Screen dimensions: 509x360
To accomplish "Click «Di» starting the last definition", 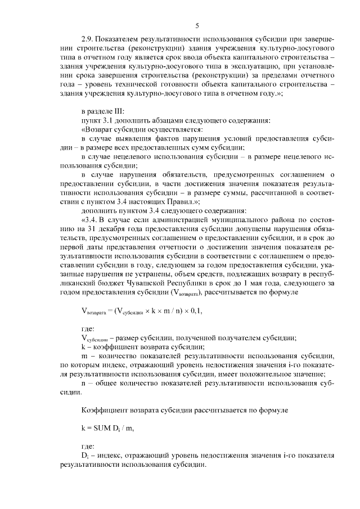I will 85,456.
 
